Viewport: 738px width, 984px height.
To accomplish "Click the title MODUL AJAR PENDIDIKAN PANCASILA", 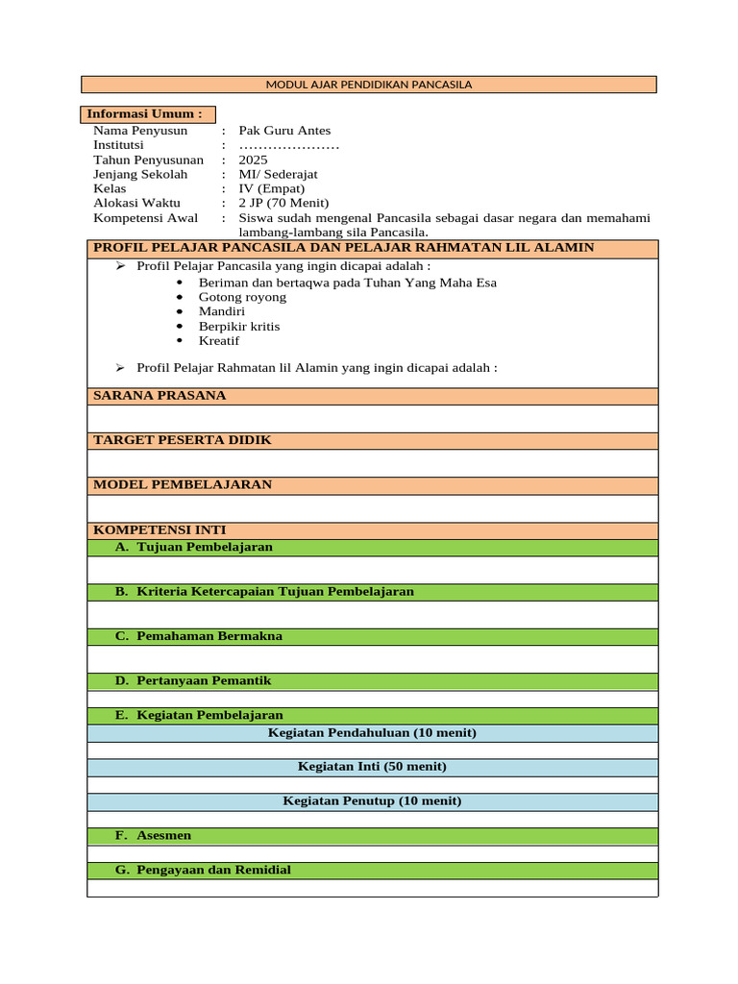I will tap(368, 85).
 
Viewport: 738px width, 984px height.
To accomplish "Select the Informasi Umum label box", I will tap(148, 114).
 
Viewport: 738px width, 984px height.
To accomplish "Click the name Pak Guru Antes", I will tap(284, 131).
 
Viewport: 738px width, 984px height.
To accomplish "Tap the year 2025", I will tap(254, 160).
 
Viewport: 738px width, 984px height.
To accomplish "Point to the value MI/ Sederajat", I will tap(278, 174).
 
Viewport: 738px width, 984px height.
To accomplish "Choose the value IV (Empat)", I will tap(272, 188).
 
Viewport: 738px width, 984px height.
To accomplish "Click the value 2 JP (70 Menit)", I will tap(283, 203).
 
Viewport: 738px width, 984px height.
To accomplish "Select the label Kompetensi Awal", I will tap(145, 217).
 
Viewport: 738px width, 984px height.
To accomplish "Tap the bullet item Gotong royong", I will tap(242, 297).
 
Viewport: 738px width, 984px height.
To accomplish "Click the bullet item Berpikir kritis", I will tap(239, 326).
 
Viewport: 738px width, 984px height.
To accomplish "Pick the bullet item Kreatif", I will tap(219, 340).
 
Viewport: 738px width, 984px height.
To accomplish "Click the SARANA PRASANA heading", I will tap(160, 395).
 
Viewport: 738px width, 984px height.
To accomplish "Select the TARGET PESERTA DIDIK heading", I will tap(182, 439).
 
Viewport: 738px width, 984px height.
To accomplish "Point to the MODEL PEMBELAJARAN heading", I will tap(182, 484).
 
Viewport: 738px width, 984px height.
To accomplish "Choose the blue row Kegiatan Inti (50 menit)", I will tap(372, 767).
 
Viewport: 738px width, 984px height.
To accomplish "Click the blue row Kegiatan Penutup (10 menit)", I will tap(372, 801).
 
